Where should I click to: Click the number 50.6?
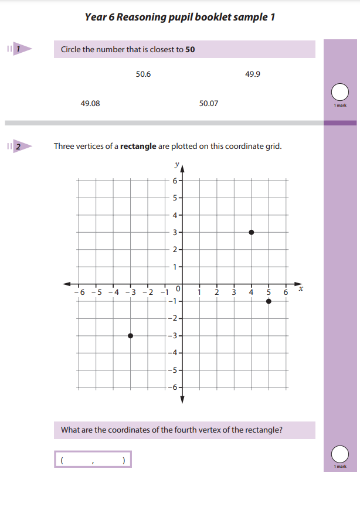click(143, 74)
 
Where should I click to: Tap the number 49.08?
click(90, 103)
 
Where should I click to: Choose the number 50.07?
click(209, 103)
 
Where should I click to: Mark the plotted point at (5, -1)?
click(269, 301)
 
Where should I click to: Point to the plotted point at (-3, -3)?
click(130, 336)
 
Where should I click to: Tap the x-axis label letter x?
click(301, 288)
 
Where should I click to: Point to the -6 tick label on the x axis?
click(79, 292)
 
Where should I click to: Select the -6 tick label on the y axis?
click(172, 387)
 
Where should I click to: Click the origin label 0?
click(178, 289)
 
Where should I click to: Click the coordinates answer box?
click(93, 459)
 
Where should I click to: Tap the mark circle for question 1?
click(339, 92)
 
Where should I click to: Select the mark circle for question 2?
click(339, 454)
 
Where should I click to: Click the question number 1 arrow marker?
click(21, 49)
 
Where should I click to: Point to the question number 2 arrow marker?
click(21, 147)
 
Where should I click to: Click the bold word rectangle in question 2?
click(138, 146)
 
